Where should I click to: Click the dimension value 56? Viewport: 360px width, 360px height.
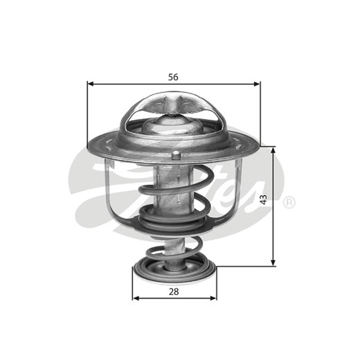click(x=173, y=77)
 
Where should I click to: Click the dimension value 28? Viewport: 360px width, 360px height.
click(x=174, y=292)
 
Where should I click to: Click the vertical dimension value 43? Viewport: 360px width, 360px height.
click(x=264, y=199)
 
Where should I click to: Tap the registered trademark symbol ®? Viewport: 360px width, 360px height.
click(x=289, y=202)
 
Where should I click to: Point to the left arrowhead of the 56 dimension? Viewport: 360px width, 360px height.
click(x=91, y=84)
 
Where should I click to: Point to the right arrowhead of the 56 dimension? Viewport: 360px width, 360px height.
click(x=257, y=84)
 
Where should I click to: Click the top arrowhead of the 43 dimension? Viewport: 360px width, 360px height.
click(x=273, y=150)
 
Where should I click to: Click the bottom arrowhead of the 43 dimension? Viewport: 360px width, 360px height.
click(x=273, y=263)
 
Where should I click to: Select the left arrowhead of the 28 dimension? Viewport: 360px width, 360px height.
click(x=136, y=298)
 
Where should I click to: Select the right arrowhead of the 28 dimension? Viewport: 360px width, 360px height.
click(x=213, y=298)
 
